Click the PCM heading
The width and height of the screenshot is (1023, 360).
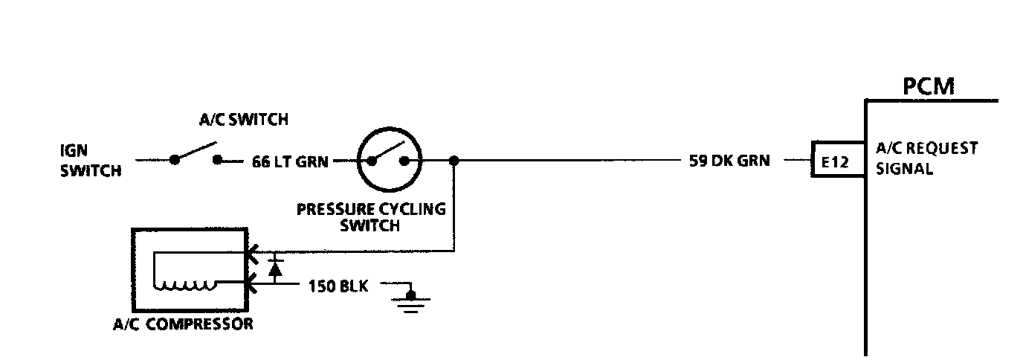coord(928,87)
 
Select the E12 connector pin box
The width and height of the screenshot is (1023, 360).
coord(836,161)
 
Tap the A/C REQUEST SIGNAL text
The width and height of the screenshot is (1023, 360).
coord(926,158)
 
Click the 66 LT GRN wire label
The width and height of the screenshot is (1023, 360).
coord(289,161)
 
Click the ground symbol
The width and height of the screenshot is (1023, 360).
coord(410,302)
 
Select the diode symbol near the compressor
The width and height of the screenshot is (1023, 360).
coord(276,268)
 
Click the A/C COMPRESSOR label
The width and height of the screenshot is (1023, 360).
coord(183,324)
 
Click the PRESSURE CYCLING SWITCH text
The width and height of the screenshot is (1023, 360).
coord(371,216)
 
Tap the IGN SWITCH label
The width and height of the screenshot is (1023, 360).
coord(90,160)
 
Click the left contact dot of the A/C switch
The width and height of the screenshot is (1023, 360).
coord(174,159)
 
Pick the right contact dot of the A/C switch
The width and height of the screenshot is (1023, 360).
coord(219,159)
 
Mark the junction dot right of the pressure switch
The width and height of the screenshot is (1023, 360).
coord(454,160)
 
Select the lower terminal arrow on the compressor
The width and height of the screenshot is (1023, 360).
coord(251,283)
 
